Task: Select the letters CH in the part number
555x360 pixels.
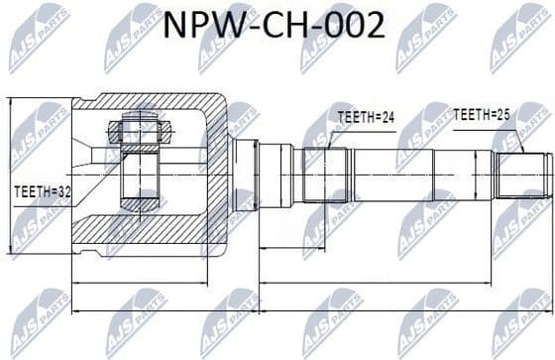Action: point(288,25)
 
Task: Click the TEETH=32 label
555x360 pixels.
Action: point(42,191)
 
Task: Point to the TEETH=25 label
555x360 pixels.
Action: point(483,115)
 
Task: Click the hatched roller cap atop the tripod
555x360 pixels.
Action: point(138,130)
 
